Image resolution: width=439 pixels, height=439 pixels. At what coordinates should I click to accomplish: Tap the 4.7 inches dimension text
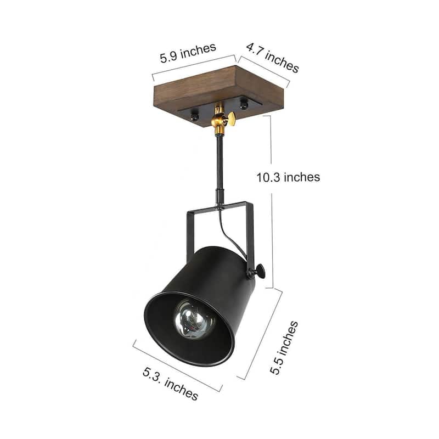272,57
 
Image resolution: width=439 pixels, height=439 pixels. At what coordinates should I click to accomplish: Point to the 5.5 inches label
284,347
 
